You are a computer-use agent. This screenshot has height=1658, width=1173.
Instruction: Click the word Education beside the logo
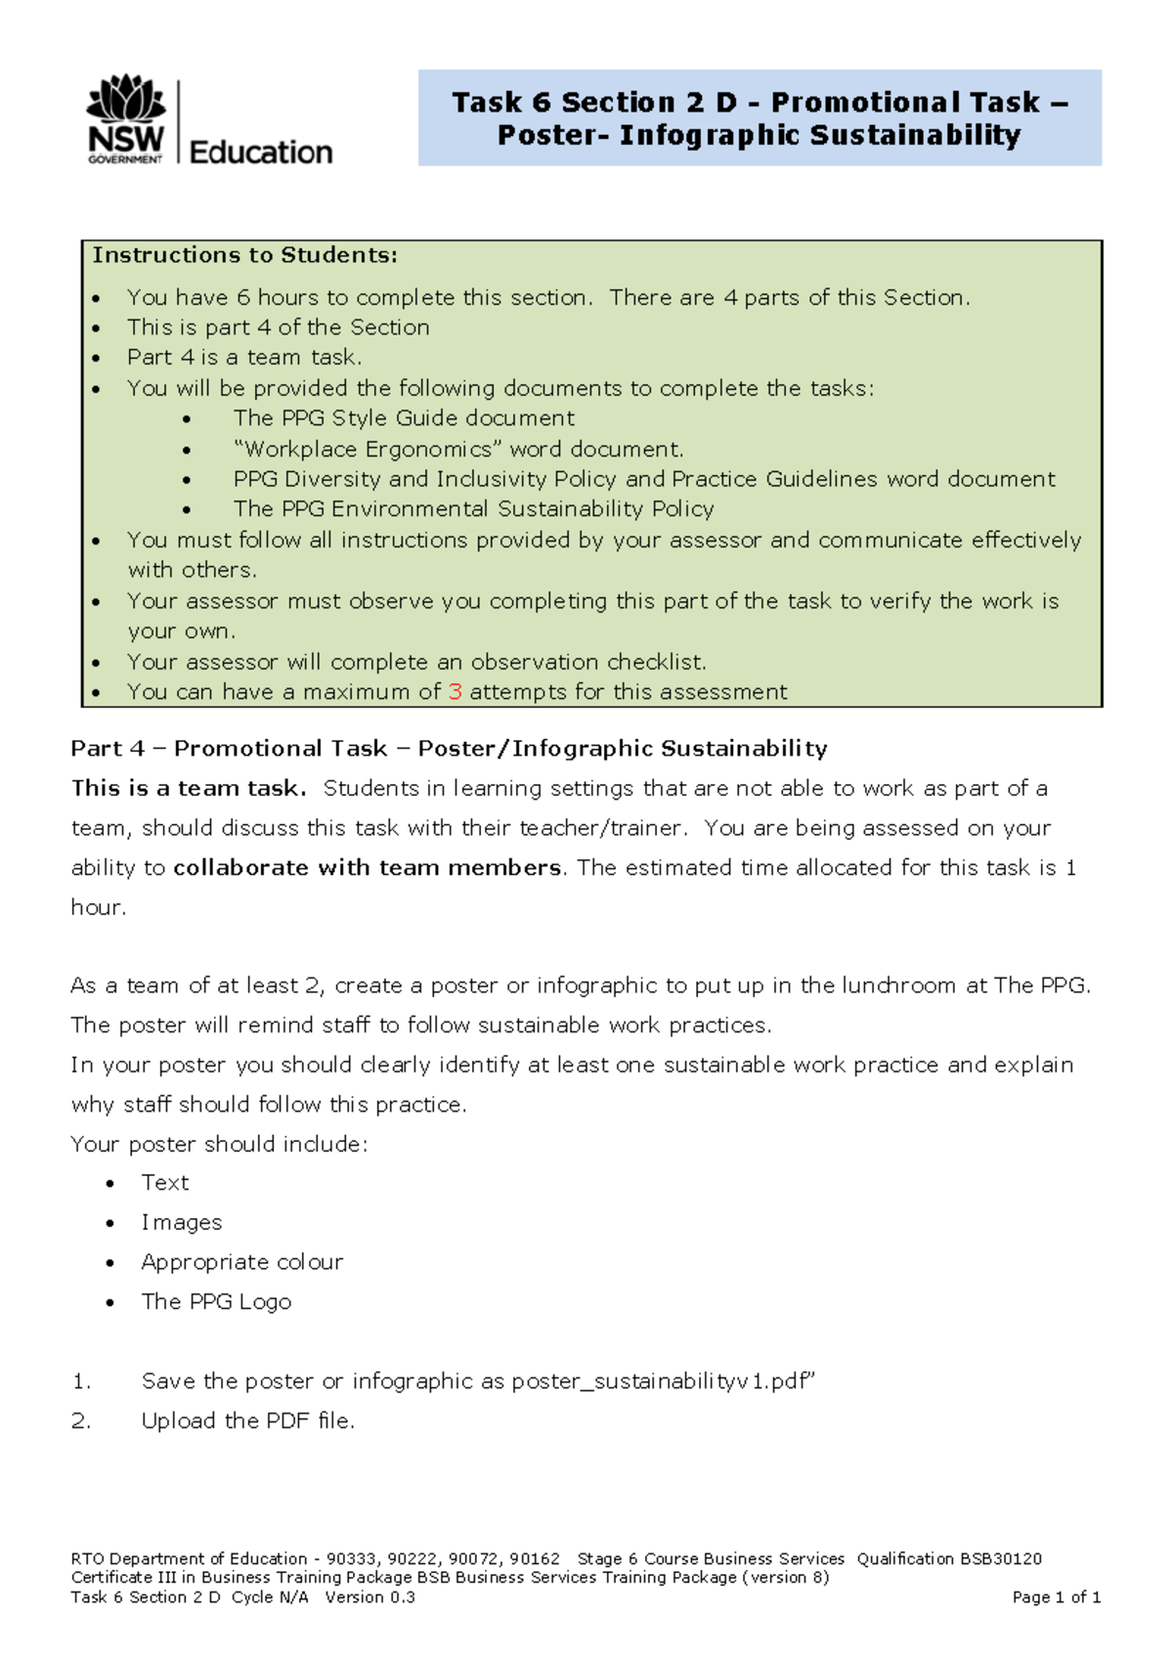[x=261, y=153]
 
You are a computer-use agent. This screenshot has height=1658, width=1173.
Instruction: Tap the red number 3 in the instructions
[x=455, y=692]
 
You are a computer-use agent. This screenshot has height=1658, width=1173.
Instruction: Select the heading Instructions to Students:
[x=245, y=255]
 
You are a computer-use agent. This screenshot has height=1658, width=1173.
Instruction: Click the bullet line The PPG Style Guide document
[x=404, y=418]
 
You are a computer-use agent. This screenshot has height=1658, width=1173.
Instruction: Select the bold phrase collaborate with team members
[x=368, y=868]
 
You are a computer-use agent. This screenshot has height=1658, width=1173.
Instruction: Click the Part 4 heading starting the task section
[x=449, y=749]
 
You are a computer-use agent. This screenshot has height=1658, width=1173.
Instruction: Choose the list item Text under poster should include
[x=165, y=1183]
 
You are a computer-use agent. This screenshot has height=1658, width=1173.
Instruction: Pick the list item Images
[x=182, y=1223]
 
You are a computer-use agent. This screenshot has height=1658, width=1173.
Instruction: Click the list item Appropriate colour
[x=242, y=1262]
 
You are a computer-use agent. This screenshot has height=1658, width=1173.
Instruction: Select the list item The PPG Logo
[x=216, y=1302]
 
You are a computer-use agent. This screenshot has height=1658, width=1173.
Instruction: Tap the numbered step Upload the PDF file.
[x=248, y=1421]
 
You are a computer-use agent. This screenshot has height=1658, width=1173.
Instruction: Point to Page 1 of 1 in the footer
[x=1057, y=1597]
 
